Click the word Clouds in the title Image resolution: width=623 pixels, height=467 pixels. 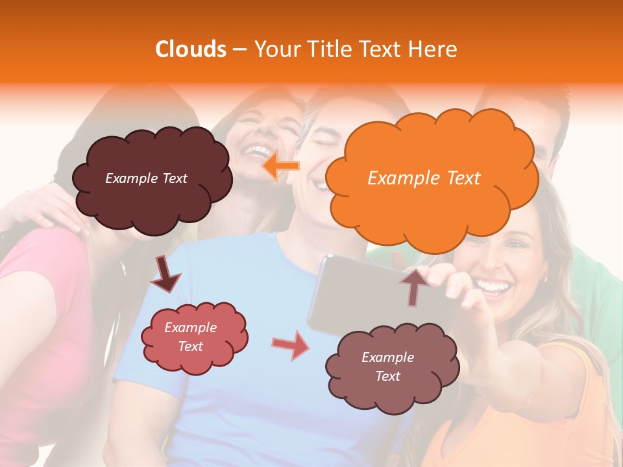pos(191,49)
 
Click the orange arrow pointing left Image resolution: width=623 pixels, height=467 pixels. pos(281,166)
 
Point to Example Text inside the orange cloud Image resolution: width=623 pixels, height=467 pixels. pos(424,178)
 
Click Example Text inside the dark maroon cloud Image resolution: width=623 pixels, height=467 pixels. pos(146,178)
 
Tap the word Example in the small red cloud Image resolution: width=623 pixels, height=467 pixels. pos(190,328)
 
